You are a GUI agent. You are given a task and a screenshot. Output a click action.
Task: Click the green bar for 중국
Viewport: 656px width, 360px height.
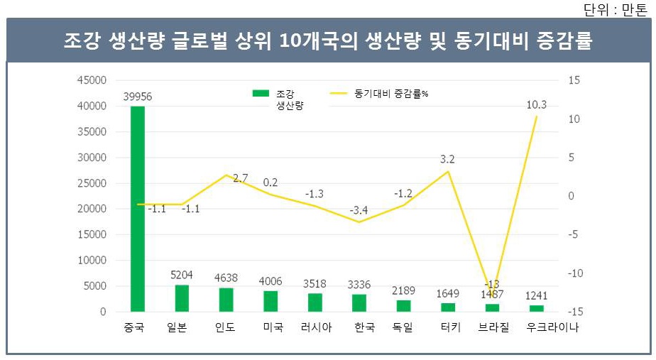point(137,209)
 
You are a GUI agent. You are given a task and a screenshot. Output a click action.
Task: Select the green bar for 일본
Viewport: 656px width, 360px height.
point(182,298)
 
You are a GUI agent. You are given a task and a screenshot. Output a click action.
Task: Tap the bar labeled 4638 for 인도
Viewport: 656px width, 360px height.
point(226,300)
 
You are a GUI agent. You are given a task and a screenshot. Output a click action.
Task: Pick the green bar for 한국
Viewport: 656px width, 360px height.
point(359,302)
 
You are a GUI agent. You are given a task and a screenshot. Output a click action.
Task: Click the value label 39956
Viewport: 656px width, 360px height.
point(137,97)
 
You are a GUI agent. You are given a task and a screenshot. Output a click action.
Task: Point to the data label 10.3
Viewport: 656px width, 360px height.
point(536,105)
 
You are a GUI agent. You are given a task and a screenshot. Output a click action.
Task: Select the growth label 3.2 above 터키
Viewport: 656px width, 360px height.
point(447,160)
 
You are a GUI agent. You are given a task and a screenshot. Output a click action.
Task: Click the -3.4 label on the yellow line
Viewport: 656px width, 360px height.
point(359,211)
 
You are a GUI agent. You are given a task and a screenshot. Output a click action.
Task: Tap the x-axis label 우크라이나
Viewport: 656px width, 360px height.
point(552,328)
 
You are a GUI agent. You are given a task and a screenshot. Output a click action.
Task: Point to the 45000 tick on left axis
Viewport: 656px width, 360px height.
point(92,80)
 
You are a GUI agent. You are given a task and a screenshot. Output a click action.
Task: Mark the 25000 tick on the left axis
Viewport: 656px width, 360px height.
point(92,183)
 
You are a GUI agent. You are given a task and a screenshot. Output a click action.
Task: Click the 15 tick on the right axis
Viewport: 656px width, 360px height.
point(574,80)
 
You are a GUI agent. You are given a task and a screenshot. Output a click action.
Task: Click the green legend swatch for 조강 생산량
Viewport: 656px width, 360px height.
point(261,94)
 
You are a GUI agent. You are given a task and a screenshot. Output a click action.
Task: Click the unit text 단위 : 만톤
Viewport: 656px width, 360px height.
point(615,9)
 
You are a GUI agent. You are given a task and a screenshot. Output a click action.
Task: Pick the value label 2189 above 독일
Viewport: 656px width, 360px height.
point(403,291)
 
